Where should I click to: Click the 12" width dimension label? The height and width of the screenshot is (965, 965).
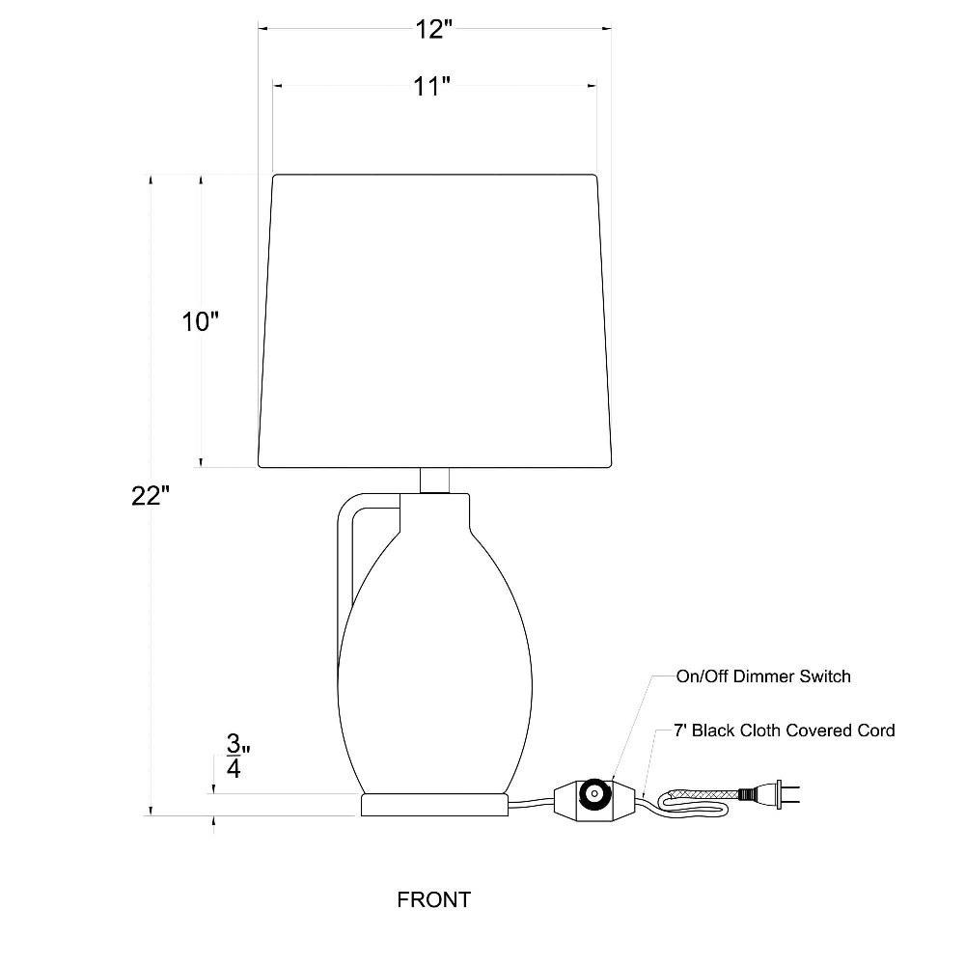[434, 30]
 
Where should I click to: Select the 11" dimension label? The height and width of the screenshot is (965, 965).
[431, 87]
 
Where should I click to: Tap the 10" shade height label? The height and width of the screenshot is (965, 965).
[200, 321]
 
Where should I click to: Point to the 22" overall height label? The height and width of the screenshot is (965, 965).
[151, 495]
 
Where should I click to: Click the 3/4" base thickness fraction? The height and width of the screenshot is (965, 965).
[237, 756]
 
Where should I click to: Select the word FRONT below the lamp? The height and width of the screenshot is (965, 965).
[434, 899]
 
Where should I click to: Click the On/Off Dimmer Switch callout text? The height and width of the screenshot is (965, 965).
[763, 676]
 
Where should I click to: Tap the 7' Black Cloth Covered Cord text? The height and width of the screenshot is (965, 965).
[784, 731]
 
